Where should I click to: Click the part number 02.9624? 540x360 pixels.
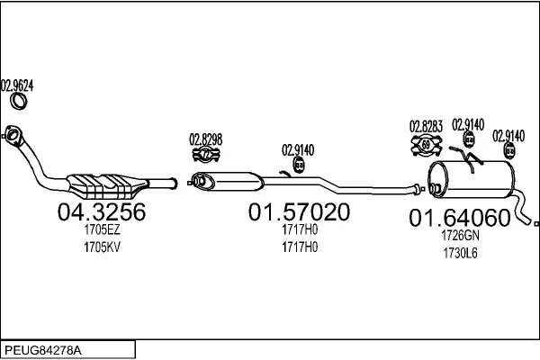[17, 86]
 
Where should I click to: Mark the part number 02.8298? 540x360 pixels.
[205, 139]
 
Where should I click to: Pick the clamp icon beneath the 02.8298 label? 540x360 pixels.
[206, 154]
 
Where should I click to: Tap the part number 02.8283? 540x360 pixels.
[426, 125]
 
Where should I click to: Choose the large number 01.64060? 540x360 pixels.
[459, 218]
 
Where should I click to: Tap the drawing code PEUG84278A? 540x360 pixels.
[40, 348]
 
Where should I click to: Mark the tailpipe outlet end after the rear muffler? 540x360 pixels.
[535, 222]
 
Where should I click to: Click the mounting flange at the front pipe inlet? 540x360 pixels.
[13, 136]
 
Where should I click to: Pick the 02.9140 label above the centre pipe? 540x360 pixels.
[298, 150]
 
